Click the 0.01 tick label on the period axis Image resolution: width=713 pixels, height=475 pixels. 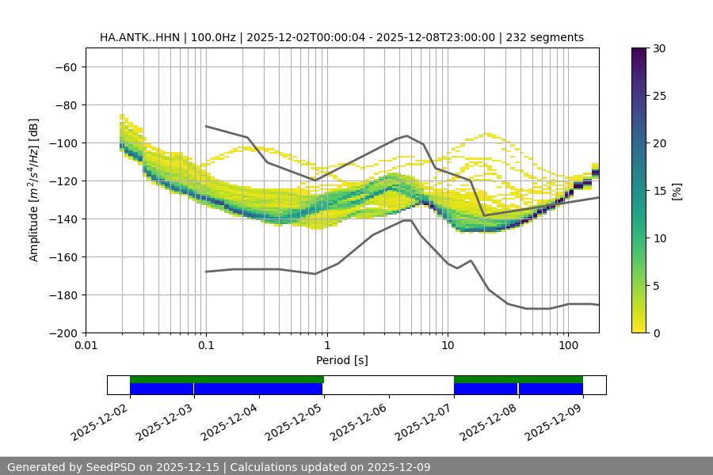86,346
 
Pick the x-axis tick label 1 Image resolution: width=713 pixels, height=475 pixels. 326,346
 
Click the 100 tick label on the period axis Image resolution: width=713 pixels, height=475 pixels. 567,346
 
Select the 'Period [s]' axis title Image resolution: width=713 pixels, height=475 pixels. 341,360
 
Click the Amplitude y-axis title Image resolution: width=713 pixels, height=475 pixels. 34,190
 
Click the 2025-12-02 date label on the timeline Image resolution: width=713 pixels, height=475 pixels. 100,422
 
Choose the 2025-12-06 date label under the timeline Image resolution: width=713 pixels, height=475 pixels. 359,422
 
